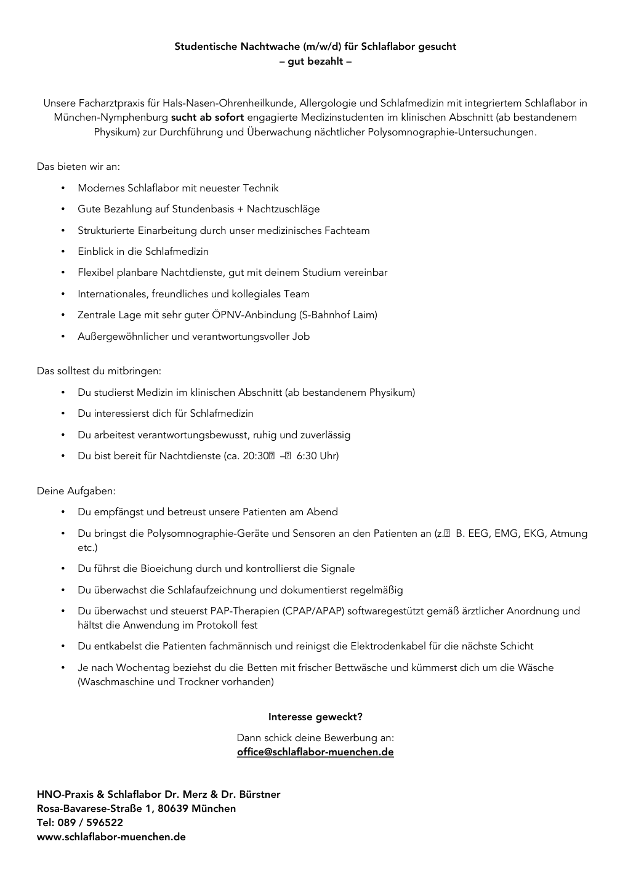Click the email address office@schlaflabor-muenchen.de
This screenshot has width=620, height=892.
click(315, 752)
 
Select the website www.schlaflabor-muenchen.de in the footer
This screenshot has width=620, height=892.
click(111, 837)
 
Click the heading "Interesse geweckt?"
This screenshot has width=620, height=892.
click(315, 717)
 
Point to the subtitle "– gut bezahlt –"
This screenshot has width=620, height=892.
click(315, 62)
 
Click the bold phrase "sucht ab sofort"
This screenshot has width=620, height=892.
click(207, 117)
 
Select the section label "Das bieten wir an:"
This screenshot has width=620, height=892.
click(78, 166)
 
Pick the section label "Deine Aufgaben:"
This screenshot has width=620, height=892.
click(76, 491)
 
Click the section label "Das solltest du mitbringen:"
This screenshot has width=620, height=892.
click(99, 371)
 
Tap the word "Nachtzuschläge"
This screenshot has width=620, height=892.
click(283, 209)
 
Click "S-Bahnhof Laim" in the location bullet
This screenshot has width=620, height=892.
click(338, 315)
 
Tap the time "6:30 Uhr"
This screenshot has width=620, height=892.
click(316, 456)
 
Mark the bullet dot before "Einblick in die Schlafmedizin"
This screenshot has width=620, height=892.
click(63, 252)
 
